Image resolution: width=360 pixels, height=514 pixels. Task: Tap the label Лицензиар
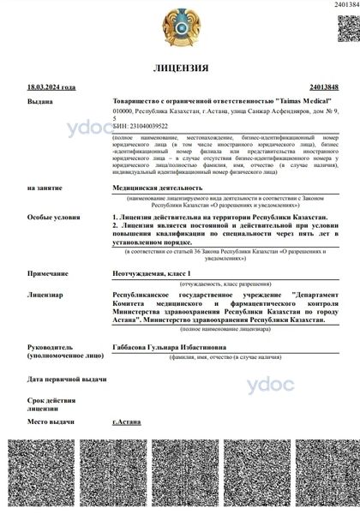point(45,295)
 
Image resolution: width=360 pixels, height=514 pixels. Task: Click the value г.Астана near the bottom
point(128,422)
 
